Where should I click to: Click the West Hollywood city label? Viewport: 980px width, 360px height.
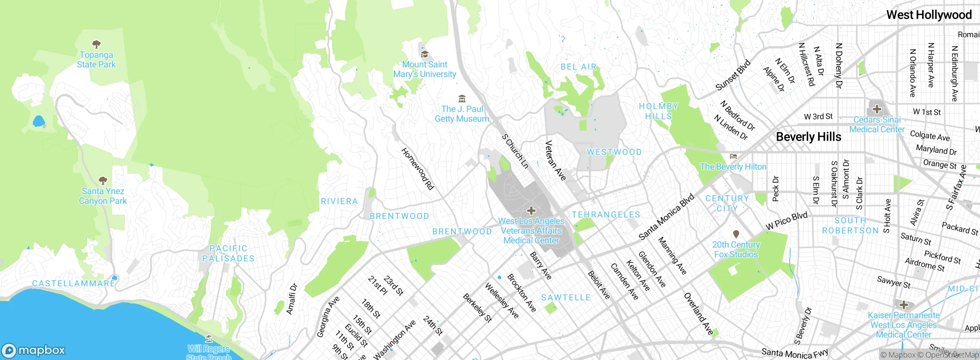coord(929,15)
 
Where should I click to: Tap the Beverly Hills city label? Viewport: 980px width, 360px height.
coord(808,137)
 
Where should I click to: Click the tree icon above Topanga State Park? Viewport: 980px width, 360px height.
coord(96,44)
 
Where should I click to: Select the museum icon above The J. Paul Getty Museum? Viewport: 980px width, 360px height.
coord(462,99)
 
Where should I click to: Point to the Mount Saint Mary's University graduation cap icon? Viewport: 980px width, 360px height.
coord(424,54)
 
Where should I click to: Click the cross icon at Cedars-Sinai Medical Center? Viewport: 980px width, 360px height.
coord(877,109)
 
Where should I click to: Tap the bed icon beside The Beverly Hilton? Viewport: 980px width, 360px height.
coord(733,156)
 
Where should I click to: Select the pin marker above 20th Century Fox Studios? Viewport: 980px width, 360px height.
coord(736,234)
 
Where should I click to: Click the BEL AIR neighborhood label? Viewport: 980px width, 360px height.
coord(578,67)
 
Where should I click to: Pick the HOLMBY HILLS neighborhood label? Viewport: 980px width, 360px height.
coord(658,111)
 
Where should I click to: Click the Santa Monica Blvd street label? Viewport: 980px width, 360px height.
coord(666,217)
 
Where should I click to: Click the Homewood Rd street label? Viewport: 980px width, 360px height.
coord(417,169)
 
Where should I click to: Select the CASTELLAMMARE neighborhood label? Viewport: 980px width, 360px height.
coord(73,283)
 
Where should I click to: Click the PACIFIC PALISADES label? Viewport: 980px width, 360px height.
coord(229,254)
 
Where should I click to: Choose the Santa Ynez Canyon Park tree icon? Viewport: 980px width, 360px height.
coord(103,180)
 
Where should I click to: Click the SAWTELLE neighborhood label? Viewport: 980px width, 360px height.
coord(566,298)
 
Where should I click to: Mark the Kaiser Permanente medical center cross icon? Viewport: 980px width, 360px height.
coord(903,305)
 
